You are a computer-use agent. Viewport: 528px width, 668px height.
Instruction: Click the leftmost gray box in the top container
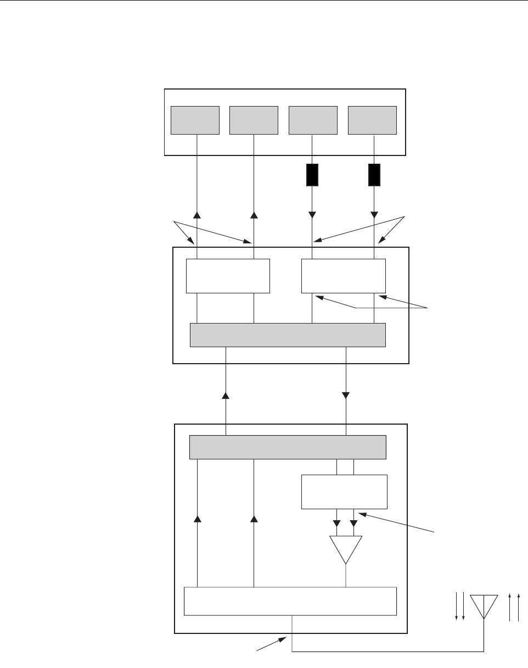(x=195, y=120)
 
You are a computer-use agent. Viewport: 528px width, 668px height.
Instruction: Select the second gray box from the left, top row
(x=254, y=120)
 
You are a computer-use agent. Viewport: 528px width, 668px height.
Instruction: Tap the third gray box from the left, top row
(x=313, y=120)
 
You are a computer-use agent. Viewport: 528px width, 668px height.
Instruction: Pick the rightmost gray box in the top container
(x=373, y=120)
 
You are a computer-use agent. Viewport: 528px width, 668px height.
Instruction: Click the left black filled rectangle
(x=312, y=175)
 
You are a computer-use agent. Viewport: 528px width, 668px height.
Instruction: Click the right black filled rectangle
(x=374, y=175)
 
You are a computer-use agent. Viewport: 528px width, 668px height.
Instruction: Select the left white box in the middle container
(x=228, y=276)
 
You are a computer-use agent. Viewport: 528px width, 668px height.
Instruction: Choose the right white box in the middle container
(x=344, y=276)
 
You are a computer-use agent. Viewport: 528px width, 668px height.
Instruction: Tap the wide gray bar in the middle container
(x=288, y=335)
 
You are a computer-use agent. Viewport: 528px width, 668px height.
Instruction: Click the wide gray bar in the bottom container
(x=288, y=447)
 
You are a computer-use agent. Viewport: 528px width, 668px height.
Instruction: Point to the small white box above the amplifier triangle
(x=345, y=492)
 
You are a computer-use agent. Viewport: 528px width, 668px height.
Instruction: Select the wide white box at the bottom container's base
(x=290, y=601)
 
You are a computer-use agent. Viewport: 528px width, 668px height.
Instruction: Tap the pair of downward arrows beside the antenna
(x=460, y=607)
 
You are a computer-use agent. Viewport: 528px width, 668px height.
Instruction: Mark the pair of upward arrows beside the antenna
(x=514, y=607)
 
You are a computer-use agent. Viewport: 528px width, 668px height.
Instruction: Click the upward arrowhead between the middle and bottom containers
(x=226, y=395)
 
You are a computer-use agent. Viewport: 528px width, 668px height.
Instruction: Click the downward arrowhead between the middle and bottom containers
(x=346, y=395)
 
